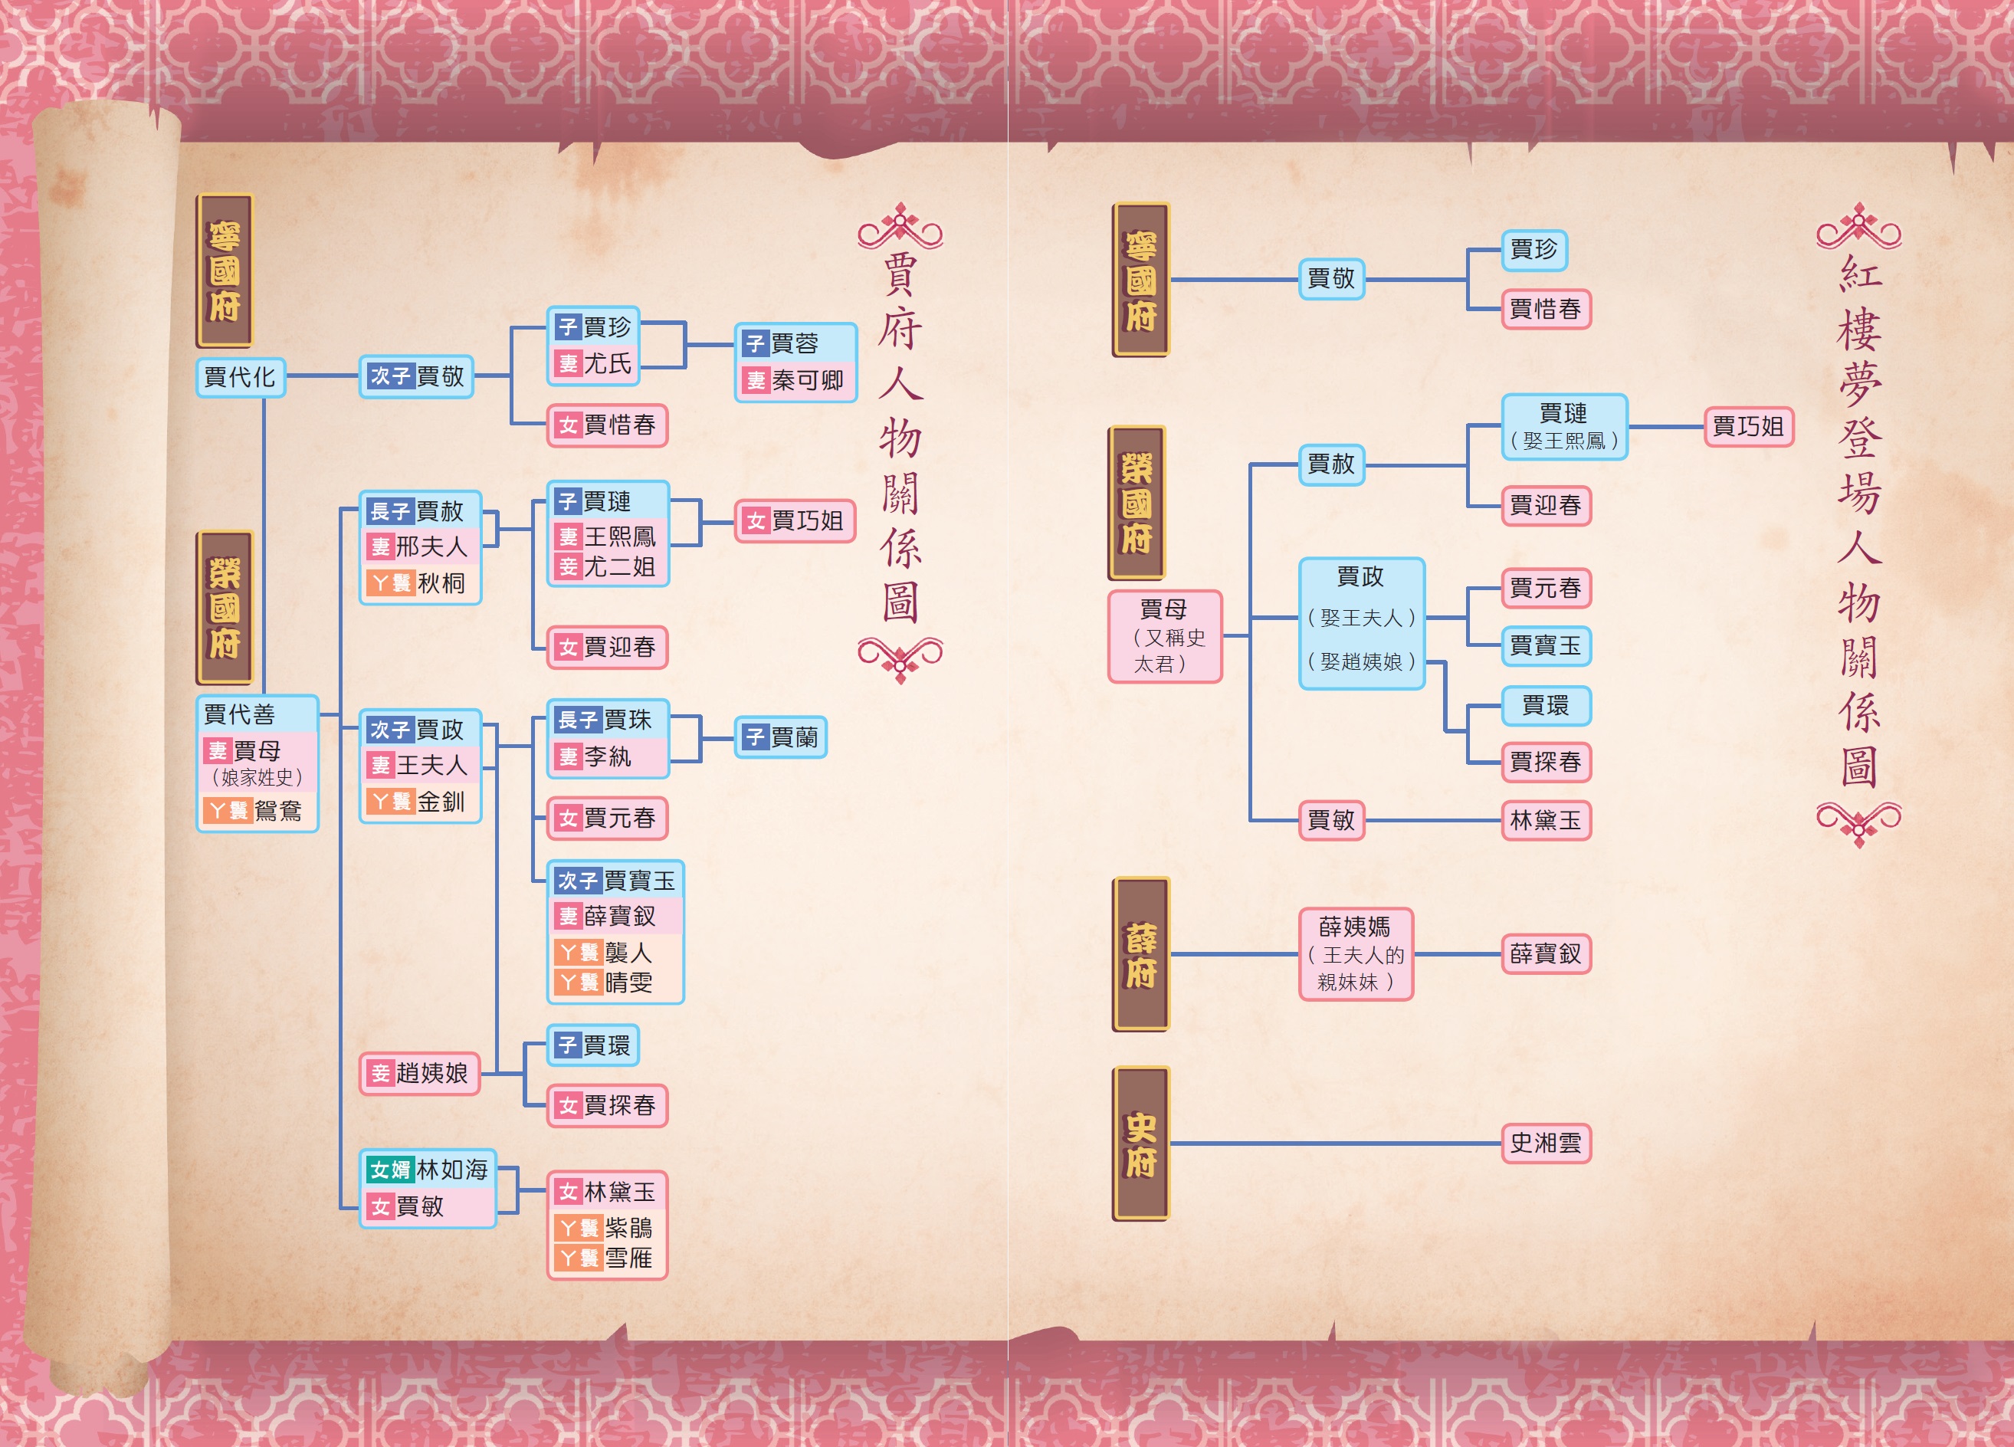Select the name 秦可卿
(806, 381)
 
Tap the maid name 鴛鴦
(277, 810)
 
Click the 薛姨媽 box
(1355, 954)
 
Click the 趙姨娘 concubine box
(419, 1073)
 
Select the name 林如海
(452, 1170)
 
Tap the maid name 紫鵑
(628, 1229)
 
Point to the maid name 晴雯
(628, 983)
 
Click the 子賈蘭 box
(781, 737)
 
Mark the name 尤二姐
(619, 566)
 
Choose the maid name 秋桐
(441, 583)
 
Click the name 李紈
(608, 756)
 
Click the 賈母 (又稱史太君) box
(1164, 636)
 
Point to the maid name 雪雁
(628, 1258)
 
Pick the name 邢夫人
(431, 547)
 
